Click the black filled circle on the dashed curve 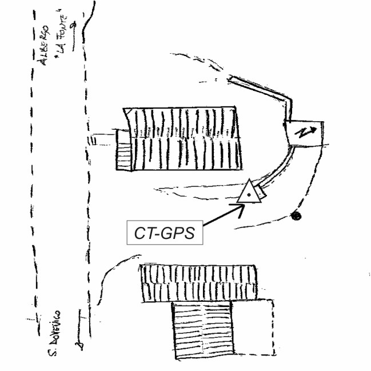296,216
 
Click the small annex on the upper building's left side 123,149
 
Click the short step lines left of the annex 93,139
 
